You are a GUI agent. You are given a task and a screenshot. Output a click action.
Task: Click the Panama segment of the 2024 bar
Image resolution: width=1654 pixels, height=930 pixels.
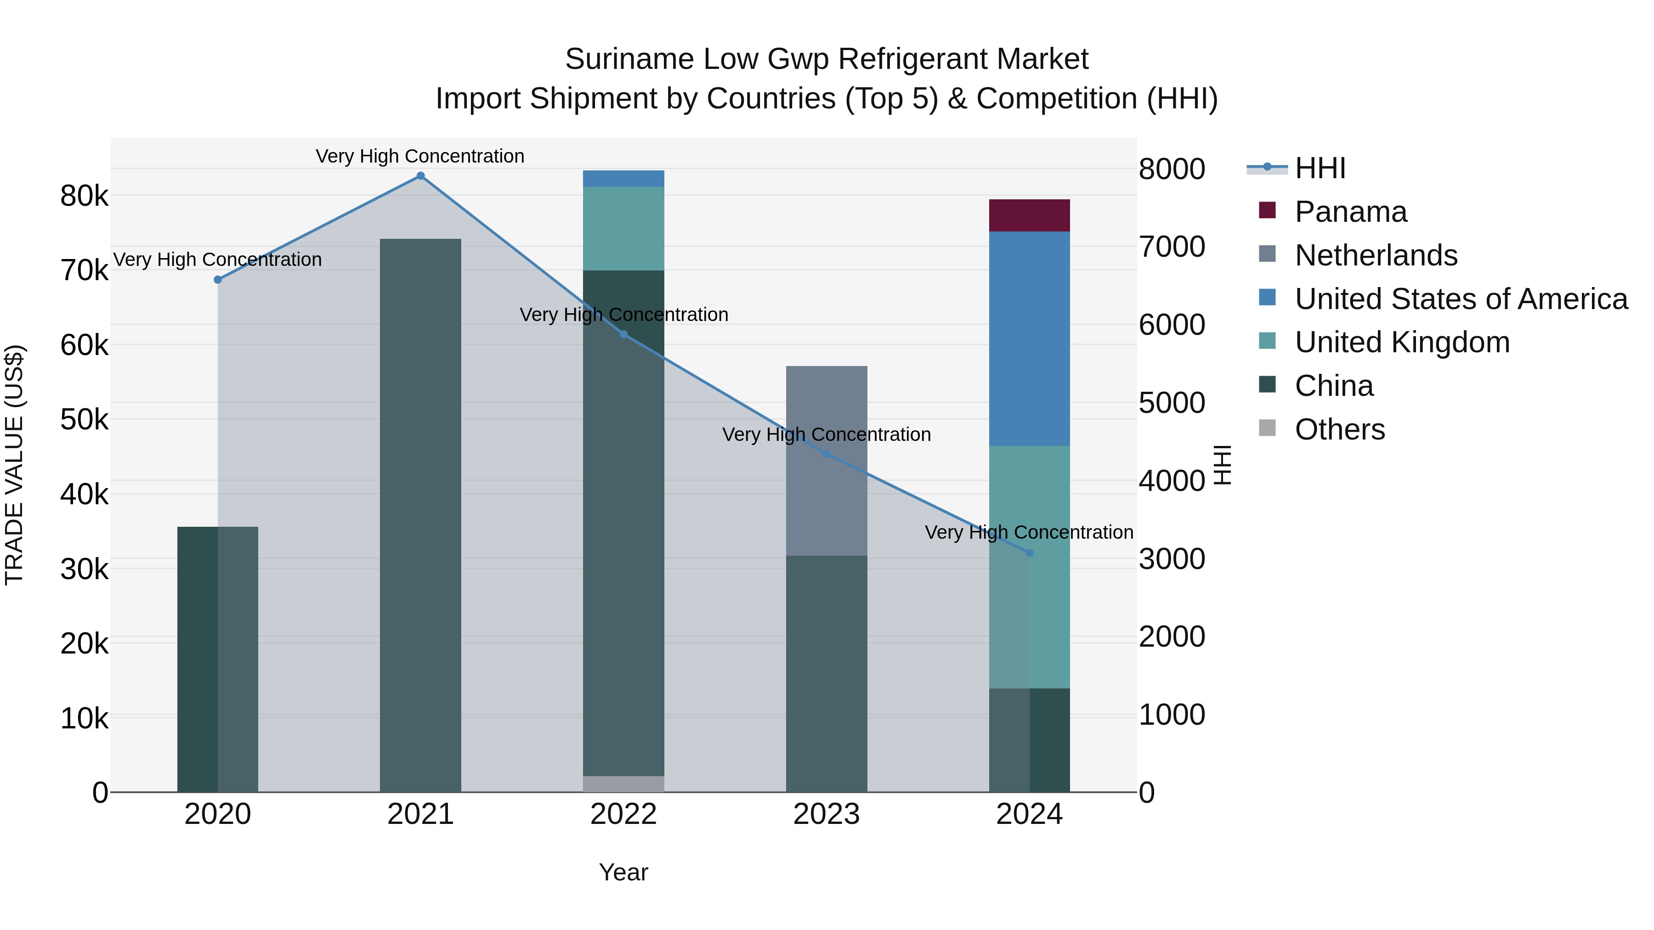pos(1029,215)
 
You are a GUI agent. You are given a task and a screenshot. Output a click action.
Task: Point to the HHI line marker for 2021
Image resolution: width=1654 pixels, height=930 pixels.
pos(420,176)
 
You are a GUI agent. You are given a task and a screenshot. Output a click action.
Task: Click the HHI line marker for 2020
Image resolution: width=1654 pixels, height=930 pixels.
pos(218,280)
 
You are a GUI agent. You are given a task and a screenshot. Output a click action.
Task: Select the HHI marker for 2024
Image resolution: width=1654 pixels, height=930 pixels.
pos(1029,552)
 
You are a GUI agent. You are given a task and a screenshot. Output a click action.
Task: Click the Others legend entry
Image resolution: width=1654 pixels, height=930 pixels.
pos(1339,429)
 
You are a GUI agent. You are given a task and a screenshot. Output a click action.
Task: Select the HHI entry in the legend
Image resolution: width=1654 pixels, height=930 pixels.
pos(1320,168)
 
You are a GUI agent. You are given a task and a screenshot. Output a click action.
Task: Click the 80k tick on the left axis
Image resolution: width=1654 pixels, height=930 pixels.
pos(84,196)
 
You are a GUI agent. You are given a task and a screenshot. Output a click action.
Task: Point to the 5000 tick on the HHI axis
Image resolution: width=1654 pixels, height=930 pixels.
pos(1172,403)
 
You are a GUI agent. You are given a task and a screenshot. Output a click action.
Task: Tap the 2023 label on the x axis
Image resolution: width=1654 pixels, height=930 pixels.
pos(827,814)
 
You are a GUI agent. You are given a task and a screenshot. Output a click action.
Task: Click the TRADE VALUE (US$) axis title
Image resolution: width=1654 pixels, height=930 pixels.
pos(14,465)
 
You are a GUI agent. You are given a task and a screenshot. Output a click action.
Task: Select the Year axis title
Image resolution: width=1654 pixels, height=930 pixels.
pos(623,872)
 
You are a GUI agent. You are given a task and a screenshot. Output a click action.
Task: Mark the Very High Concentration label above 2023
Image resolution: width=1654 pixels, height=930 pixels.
pos(827,434)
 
